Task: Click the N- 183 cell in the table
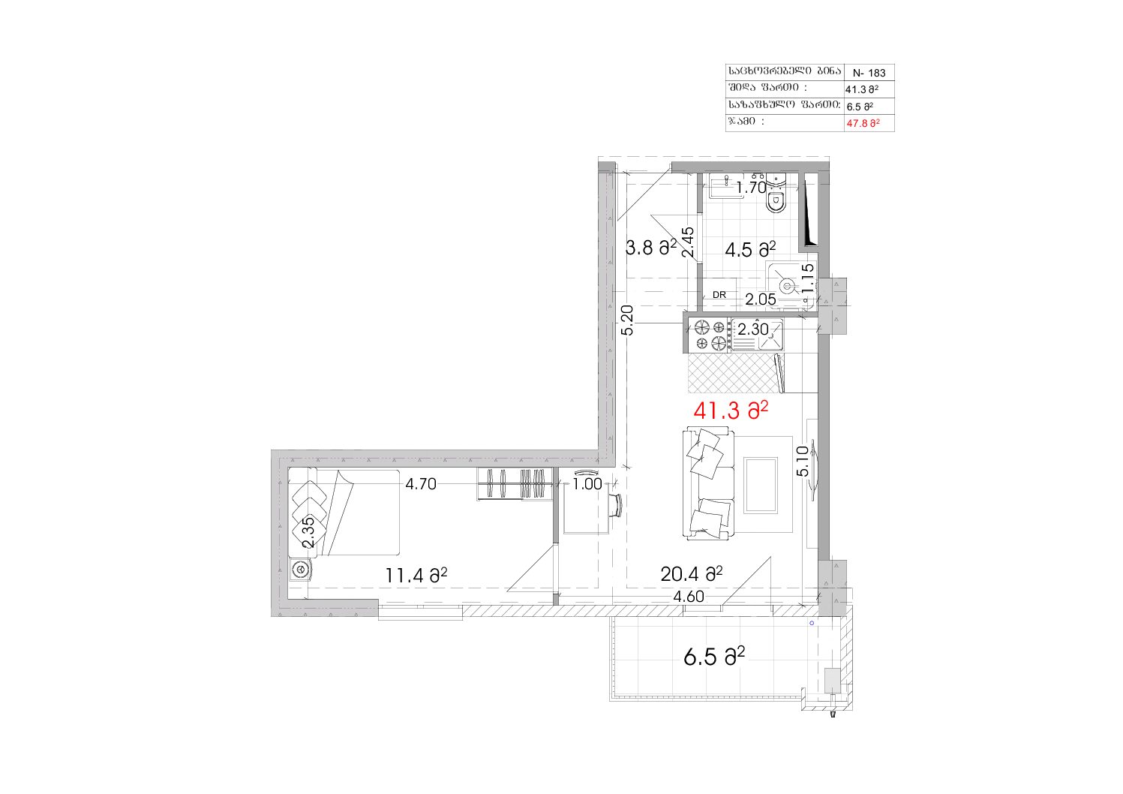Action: click(869, 73)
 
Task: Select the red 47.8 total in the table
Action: click(863, 123)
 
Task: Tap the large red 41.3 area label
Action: click(731, 411)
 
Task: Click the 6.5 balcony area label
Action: click(714, 657)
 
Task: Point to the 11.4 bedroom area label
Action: click(416, 576)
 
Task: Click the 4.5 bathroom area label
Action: click(750, 249)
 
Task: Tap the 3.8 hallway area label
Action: click(651, 247)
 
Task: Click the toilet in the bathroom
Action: click(776, 194)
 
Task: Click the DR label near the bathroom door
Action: click(719, 295)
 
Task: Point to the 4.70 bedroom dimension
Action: click(421, 484)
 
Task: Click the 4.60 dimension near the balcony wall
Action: click(689, 597)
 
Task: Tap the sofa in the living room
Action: click(708, 483)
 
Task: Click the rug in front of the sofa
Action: click(761, 485)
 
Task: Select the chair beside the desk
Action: click(616, 505)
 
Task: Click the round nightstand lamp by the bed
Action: click(300, 570)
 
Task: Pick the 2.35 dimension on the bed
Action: click(308, 532)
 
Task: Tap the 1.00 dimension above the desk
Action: click(587, 484)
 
